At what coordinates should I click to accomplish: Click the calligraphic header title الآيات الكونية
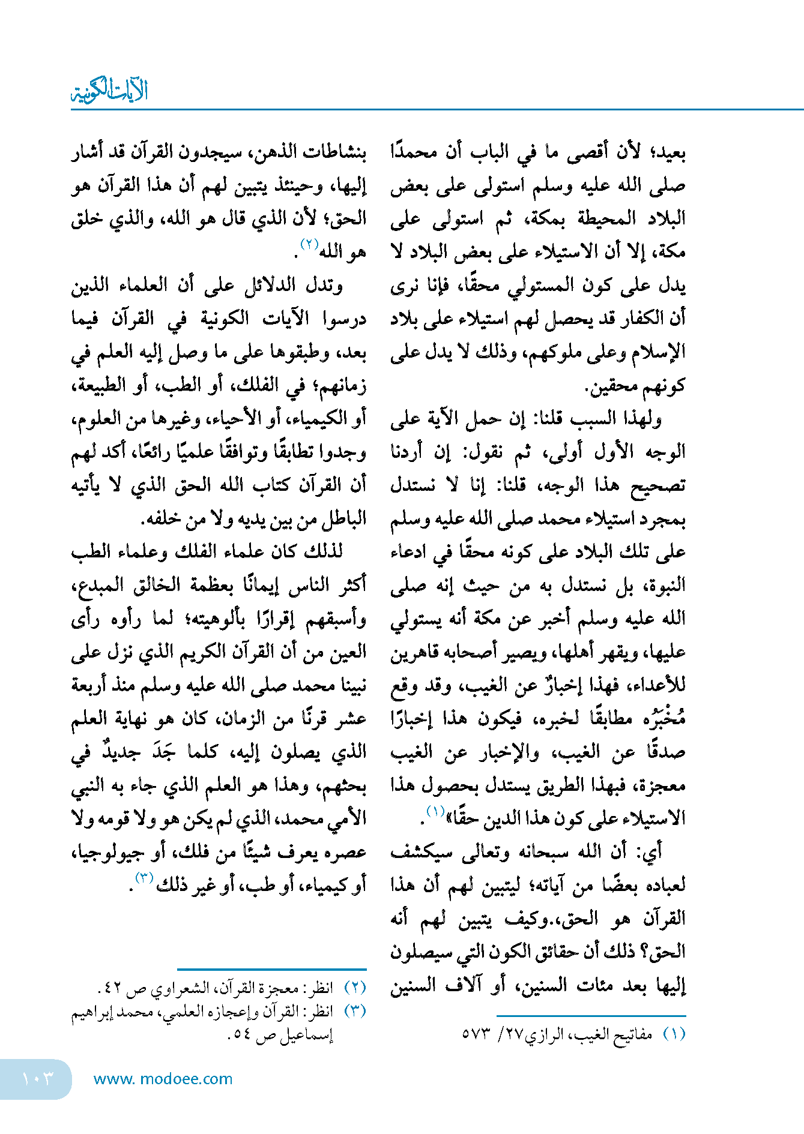[109, 91]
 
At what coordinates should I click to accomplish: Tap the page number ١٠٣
[37, 1079]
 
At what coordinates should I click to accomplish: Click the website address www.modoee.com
[163, 1079]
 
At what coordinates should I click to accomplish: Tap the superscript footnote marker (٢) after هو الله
[309, 244]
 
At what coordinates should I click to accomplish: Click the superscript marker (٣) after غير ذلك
[144, 878]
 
